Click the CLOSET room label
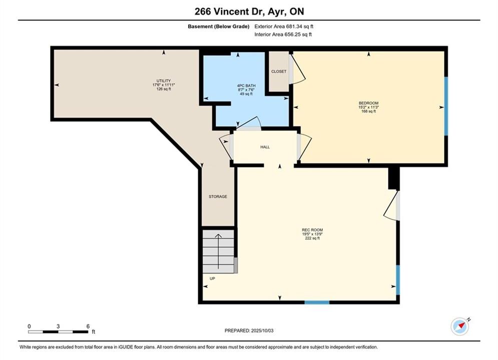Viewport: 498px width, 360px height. coord(279,71)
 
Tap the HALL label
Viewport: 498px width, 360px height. coord(265,147)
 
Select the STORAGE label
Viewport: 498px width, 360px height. coord(218,196)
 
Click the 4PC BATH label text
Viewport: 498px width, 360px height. coord(246,85)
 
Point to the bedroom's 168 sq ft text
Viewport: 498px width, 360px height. coord(368,111)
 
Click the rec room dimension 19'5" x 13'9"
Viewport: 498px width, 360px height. coord(312,234)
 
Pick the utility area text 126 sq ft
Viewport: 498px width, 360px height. coord(164,89)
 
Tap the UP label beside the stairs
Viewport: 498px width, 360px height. coord(213,278)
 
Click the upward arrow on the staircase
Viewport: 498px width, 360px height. coord(218,251)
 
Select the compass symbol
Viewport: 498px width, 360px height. coord(460,326)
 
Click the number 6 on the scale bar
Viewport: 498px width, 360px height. coord(88,326)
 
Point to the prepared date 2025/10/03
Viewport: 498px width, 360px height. coord(262,330)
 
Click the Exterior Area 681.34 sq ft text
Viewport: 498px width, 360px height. coord(284,26)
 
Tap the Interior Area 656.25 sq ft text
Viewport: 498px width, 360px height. coord(283,34)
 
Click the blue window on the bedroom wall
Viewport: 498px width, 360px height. coord(446,106)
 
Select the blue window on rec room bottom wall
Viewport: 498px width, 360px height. coord(317,302)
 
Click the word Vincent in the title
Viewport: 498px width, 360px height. coord(230,11)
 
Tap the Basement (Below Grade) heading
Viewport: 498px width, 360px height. coord(219,26)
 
